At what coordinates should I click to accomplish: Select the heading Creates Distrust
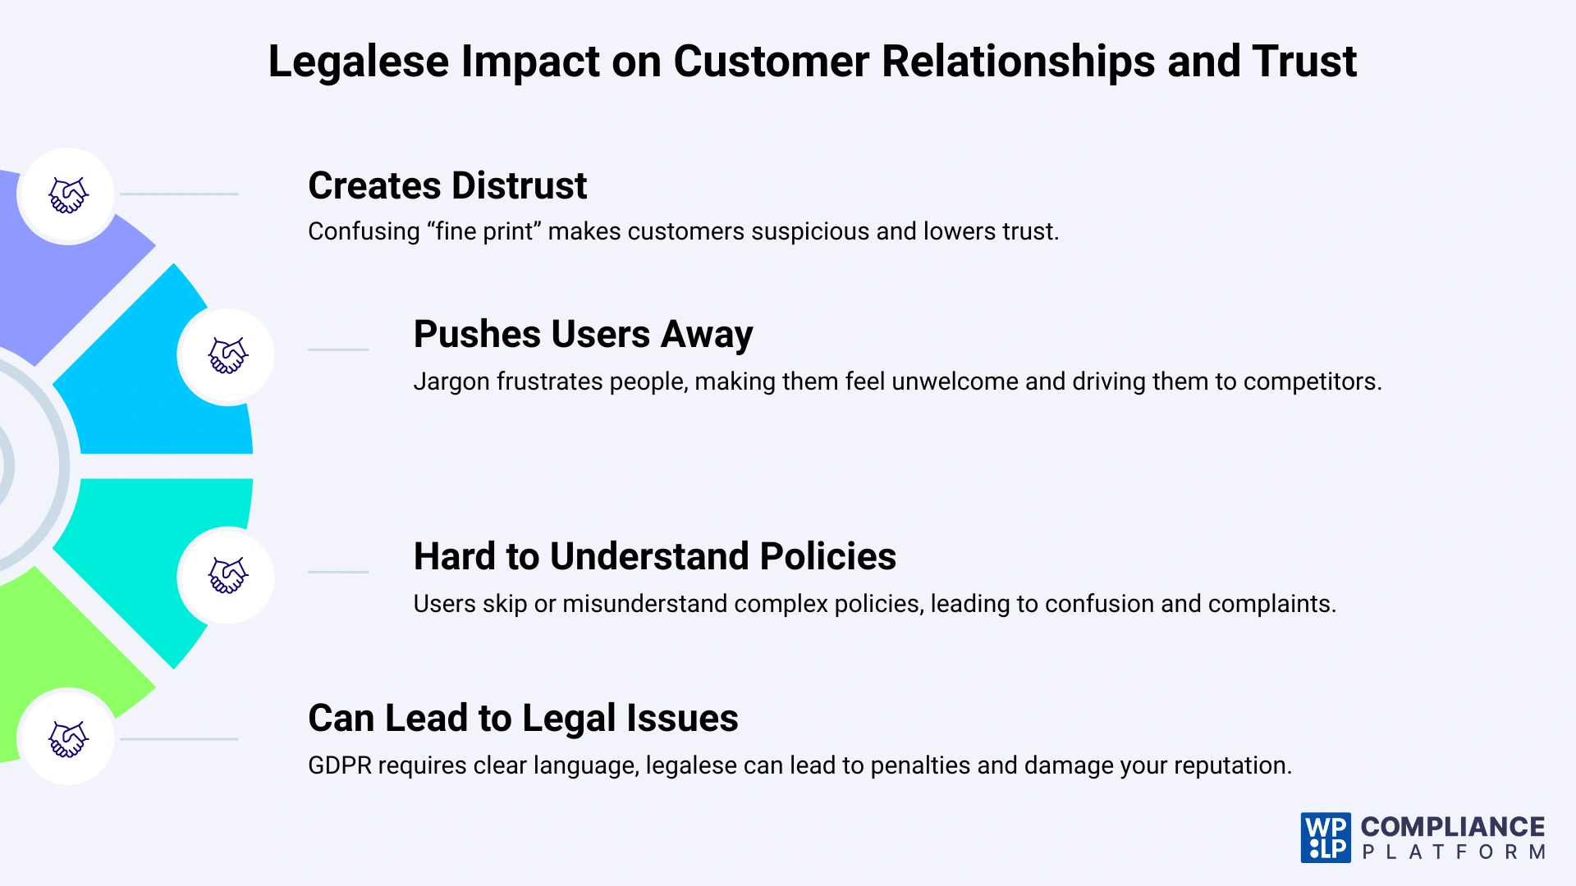click(x=447, y=185)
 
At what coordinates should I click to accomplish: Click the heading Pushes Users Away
click(x=583, y=335)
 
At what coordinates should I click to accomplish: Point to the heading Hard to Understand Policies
click(x=654, y=556)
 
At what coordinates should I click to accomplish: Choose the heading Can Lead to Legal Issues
click(x=523, y=718)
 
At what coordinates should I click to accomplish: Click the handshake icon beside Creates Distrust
click(x=68, y=195)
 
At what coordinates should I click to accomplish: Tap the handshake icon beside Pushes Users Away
click(x=227, y=355)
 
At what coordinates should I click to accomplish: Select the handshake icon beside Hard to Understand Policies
click(x=227, y=574)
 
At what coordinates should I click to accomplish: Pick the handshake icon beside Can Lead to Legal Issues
click(x=68, y=738)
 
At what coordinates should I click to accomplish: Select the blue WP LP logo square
click(x=1325, y=838)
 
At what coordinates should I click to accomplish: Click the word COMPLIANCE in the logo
click(x=1453, y=826)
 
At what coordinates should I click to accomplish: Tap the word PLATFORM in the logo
click(x=1453, y=852)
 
